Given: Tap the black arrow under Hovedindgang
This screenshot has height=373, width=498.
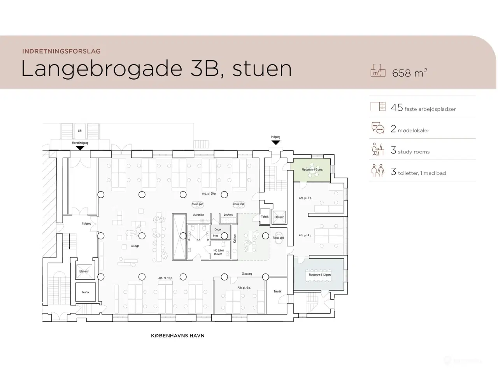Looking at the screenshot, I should point(80,148).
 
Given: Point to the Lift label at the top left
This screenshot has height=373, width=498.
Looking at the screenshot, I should point(80,131).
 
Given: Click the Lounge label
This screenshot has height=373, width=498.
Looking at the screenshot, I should point(135,246).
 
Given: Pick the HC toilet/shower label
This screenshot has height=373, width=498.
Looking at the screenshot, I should point(218,252).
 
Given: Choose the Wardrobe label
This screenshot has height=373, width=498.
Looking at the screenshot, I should point(198,215).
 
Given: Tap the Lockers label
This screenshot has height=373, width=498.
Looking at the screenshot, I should point(228,215).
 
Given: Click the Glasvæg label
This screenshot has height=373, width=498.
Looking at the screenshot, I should point(247,274).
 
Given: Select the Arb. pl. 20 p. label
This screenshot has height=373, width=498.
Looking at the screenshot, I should point(209,193).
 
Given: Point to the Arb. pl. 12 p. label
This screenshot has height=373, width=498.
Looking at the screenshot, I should point(165,278).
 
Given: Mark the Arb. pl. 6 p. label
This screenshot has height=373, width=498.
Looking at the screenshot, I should point(244,288).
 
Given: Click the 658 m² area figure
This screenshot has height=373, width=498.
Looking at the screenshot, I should point(409,73).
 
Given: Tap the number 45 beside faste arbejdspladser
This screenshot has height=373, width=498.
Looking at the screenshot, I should point(397,108).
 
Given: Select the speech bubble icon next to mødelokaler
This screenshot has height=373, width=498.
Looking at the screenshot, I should point(378,128).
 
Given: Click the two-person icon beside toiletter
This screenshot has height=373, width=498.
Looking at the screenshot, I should point(378,171).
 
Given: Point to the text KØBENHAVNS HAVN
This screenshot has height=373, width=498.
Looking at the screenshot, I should point(177,336).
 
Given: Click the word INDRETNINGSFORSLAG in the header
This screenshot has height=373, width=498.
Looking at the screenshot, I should point(61,51).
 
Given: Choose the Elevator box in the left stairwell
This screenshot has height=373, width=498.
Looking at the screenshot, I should point(84,271).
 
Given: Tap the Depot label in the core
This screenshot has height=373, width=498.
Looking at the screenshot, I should point(218,230).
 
